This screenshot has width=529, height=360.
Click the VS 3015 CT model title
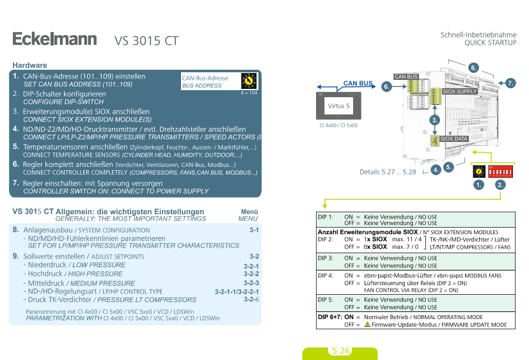(146, 42)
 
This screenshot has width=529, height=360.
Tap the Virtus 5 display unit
(338, 106)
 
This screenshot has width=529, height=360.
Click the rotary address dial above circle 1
(477, 172)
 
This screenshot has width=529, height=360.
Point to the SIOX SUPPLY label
(460, 91)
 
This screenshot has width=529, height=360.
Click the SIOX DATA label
(454, 138)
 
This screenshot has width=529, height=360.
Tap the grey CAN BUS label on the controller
(406, 77)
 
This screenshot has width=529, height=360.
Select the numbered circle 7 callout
(510, 83)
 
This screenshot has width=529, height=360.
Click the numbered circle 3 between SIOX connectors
(435, 120)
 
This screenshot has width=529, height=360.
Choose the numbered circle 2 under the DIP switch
(500, 185)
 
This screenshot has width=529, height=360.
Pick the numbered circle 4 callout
(436, 170)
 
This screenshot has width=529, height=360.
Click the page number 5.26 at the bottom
(341, 351)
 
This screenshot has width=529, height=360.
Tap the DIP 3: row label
(326, 258)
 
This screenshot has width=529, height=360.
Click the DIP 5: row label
(326, 300)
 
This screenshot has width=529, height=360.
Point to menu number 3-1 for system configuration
(254, 230)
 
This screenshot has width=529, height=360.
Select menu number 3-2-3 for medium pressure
(251, 283)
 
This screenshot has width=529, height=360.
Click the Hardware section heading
(29, 65)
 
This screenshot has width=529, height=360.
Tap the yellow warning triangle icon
(368, 325)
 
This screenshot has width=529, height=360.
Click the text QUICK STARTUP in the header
(491, 42)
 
